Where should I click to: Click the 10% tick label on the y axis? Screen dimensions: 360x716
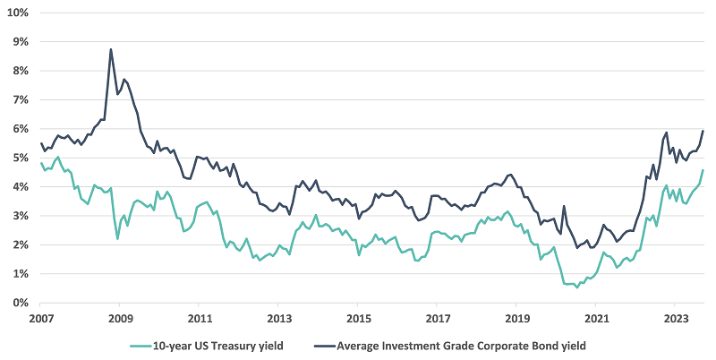17,13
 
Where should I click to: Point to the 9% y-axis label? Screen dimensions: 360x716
20,41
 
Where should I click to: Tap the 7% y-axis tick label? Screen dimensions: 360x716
20,99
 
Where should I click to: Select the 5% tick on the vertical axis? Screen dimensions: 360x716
20,158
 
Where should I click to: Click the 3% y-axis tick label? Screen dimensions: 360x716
20,216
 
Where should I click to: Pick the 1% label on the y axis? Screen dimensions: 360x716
20,274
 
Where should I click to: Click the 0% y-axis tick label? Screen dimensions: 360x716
20,303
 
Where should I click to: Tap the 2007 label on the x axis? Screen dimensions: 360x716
41,318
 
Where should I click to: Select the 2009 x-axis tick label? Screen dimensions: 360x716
121,318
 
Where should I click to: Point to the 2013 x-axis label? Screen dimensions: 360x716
279,318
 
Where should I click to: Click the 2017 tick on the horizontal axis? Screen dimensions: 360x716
439,318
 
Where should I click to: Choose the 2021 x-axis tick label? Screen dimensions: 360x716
597,318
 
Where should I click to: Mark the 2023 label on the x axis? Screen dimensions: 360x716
677,318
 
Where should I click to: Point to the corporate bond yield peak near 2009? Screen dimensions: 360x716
111,49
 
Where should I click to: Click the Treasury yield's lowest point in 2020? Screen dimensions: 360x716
577,287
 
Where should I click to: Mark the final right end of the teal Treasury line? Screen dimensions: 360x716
703,170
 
